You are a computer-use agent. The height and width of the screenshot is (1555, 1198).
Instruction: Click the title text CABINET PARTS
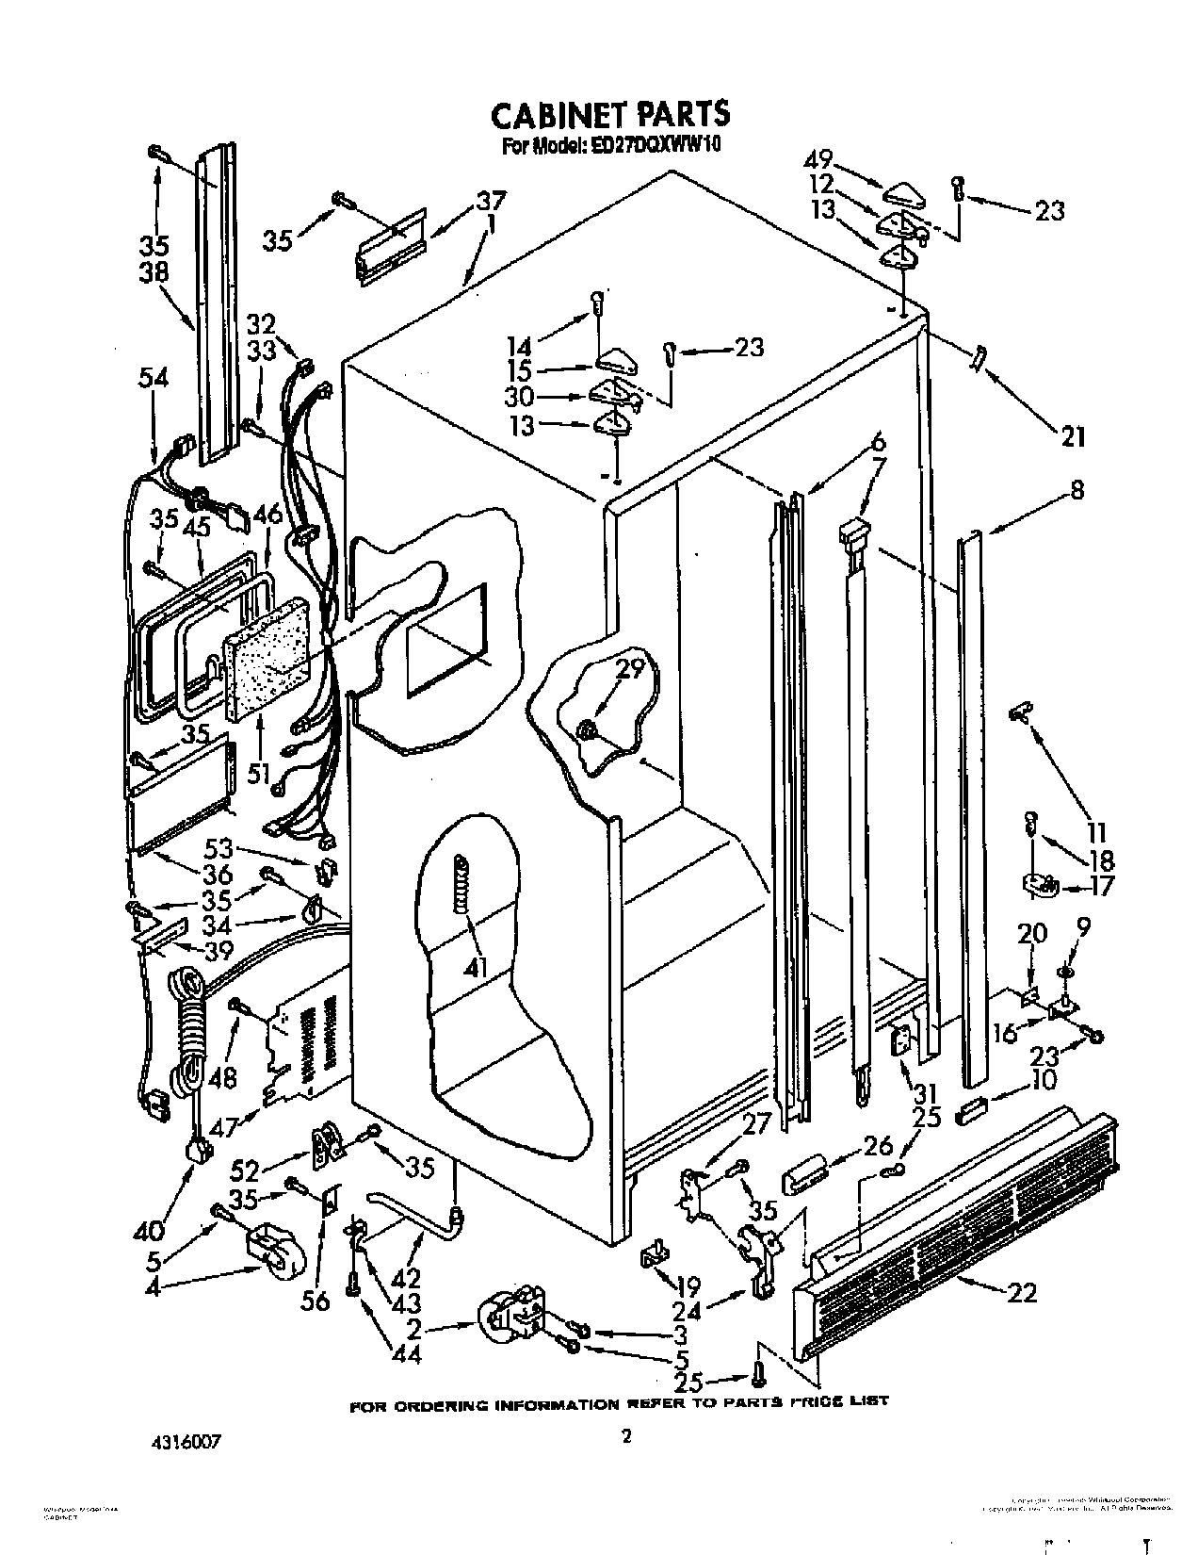point(610,114)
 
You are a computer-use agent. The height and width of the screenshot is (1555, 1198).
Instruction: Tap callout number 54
point(153,379)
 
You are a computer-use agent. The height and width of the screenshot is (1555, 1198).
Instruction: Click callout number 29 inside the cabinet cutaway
point(630,670)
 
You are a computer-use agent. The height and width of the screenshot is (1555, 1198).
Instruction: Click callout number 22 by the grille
point(1021,1292)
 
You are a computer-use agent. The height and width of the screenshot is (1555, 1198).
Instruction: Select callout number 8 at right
point(1077,489)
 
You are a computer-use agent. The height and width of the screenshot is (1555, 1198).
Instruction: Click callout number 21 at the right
point(1072,436)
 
